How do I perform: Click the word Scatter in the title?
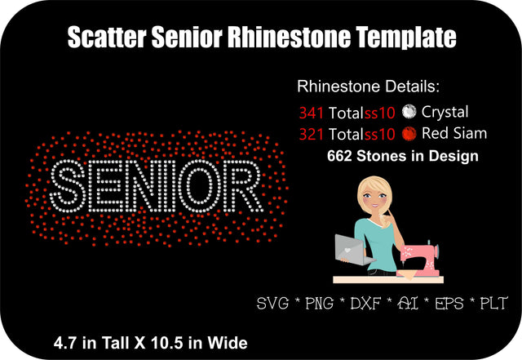pos(105,38)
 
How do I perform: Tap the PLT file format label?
pos(492,304)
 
